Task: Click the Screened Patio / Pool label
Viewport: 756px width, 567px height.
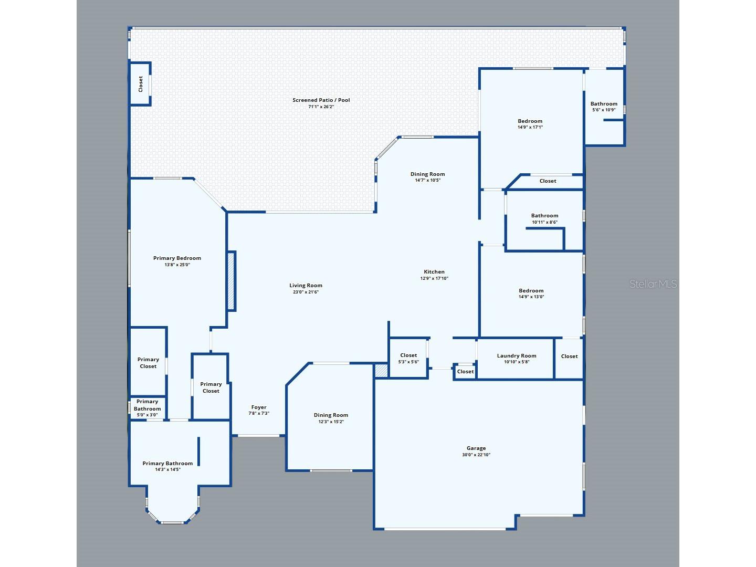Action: point(321,100)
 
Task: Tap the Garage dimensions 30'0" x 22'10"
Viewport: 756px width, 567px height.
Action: point(476,455)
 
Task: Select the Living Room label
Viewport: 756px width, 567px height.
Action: point(306,286)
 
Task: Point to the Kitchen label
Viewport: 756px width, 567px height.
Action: point(434,271)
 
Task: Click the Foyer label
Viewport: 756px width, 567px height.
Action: point(259,407)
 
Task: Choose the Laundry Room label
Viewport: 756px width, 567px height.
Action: point(516,355)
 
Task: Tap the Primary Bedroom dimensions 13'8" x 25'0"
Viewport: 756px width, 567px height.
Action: point(177,265)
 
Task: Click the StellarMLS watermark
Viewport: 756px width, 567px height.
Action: point(653,284)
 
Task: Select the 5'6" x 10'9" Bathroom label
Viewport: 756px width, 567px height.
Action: point(604,103)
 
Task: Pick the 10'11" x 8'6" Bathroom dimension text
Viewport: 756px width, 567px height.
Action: point(544,222)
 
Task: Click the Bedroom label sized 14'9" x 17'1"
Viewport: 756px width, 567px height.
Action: point(530,121)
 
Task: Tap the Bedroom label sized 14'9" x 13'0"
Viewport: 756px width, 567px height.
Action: point(531,290)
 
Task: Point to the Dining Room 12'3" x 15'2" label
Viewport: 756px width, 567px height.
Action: point(331,415)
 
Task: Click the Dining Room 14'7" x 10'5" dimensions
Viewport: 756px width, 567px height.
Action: point(427,180)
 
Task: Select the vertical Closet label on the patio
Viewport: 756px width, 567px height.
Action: point(141,84)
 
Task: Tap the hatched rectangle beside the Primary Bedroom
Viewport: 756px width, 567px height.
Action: point(231,281)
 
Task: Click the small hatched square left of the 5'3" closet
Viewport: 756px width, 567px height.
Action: point(381,371)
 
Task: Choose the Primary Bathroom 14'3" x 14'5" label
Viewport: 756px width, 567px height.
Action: point(167,464)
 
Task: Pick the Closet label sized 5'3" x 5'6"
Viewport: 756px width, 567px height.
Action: point(408,355)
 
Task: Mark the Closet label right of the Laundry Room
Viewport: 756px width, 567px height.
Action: point(569,356)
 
